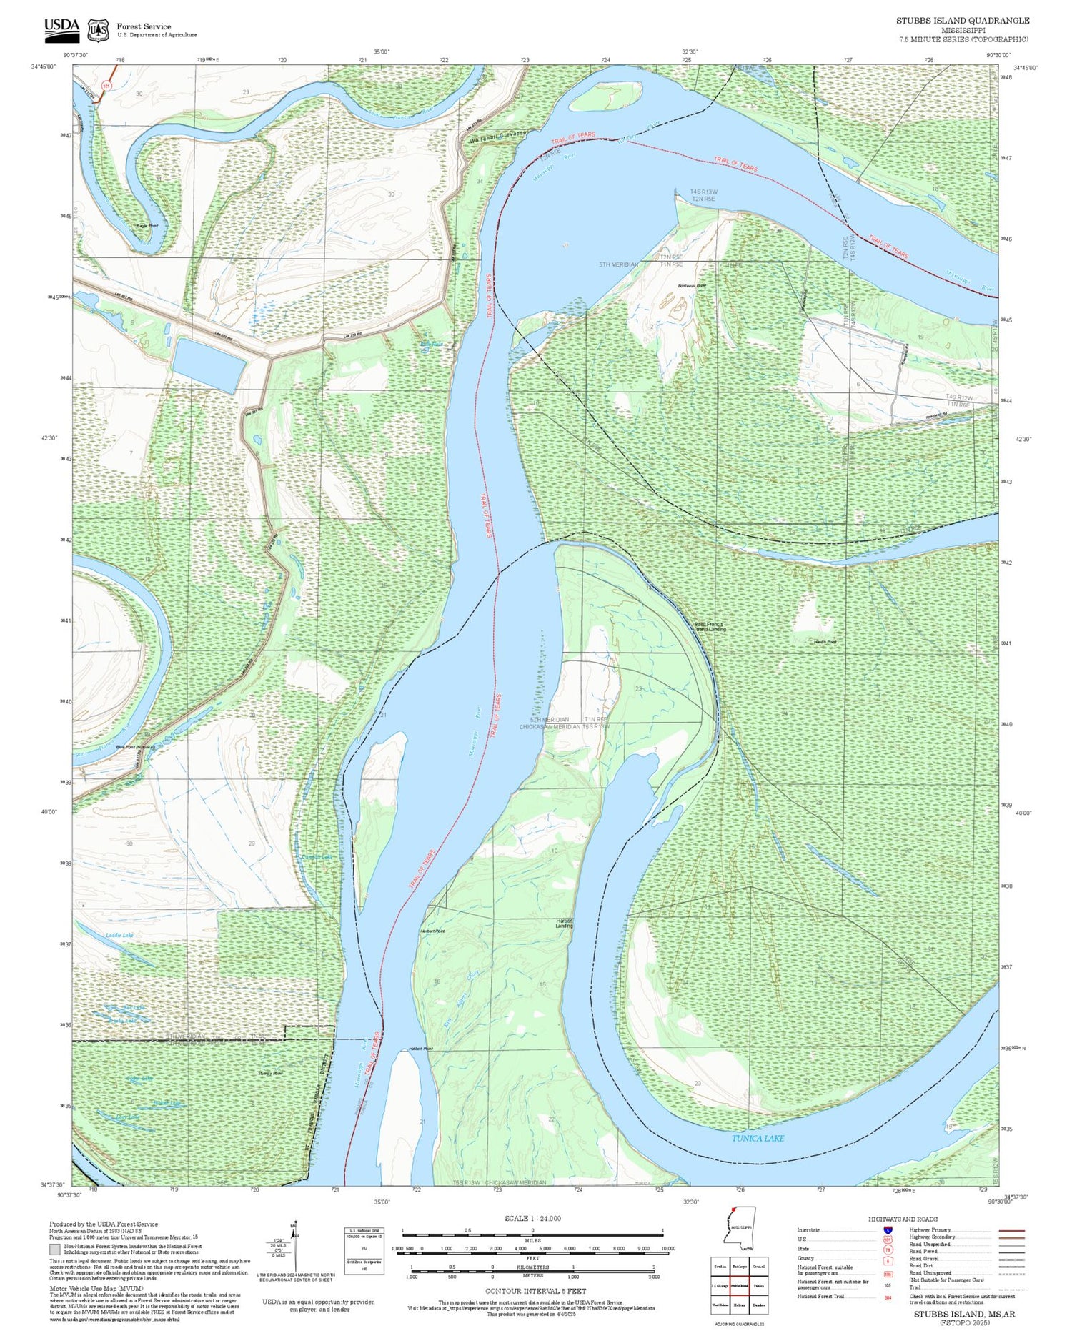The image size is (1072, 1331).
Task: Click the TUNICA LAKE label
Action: click(758, 1138)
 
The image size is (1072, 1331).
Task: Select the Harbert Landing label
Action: click(565, 923)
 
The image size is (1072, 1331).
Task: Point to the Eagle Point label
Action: click(148, 226)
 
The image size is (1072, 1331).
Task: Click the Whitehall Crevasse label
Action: click(498, 136)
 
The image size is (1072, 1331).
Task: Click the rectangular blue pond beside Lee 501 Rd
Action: click(209, 365)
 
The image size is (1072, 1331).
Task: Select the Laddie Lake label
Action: click(119, 935)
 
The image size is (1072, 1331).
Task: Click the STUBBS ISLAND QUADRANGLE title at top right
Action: click(963, 21)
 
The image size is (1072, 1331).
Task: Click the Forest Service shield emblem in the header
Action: click(98, 30)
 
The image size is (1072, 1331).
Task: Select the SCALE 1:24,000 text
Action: click(532, 1219)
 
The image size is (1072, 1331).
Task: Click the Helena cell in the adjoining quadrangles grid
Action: click(739, 1305)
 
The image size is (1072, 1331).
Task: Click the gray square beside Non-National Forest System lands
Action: click(55, 1249)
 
